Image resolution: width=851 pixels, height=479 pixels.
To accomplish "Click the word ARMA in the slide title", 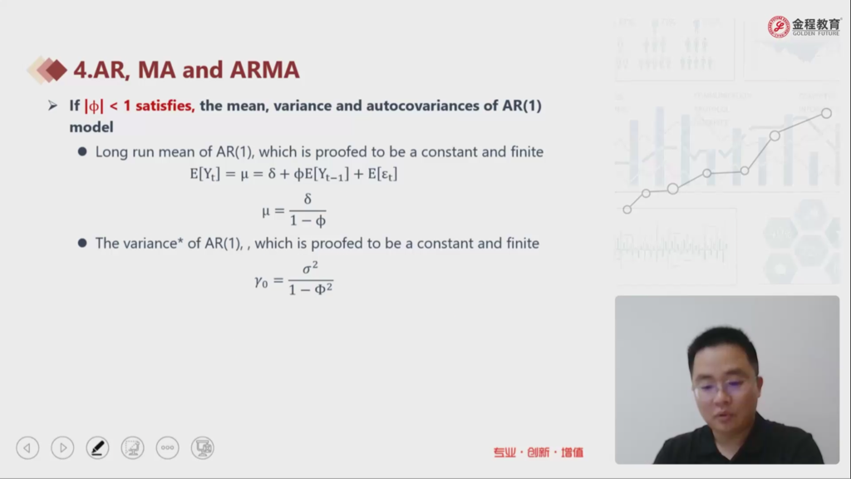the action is (264, 70).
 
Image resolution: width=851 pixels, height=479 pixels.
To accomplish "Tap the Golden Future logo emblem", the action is (778, 27).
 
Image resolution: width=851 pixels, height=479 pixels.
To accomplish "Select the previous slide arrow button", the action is (27, 448).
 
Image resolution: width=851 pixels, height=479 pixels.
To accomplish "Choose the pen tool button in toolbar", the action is (98, 448).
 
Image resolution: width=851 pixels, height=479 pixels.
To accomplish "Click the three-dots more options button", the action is (167, 448).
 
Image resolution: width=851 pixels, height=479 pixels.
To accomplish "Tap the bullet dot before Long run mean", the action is (82, 151).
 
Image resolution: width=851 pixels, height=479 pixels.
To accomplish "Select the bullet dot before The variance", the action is (82, 243).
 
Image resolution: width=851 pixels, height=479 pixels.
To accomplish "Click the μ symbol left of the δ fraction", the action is (266, 211).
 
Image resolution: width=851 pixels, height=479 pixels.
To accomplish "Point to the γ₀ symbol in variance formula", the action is (261, 281).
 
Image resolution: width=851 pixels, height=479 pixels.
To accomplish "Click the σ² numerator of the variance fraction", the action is (311, 267).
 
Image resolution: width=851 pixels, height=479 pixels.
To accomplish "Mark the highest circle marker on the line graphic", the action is (826, 113).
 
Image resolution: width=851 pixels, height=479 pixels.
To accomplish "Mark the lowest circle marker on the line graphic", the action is (627, 210).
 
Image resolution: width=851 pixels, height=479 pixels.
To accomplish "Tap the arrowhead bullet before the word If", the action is (52, 106).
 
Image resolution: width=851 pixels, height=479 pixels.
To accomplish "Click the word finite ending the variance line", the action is (523, 243).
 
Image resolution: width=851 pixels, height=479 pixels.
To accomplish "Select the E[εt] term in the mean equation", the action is (382, 175).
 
